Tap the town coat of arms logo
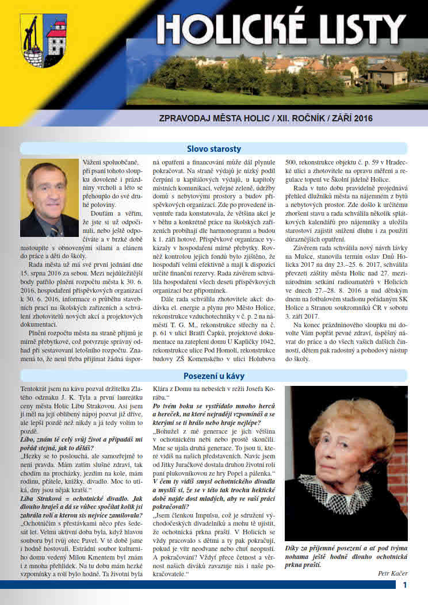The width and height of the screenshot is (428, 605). (x=43, y=40)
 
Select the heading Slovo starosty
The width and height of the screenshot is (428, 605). (x=213, y=147)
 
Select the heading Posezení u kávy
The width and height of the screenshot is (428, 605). (x=213, y=376)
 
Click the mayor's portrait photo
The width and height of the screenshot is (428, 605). (x=49, y=198)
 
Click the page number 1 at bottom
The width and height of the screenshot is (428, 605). (x=405, y=584)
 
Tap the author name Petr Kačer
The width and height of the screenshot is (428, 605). (x=392, y=573)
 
